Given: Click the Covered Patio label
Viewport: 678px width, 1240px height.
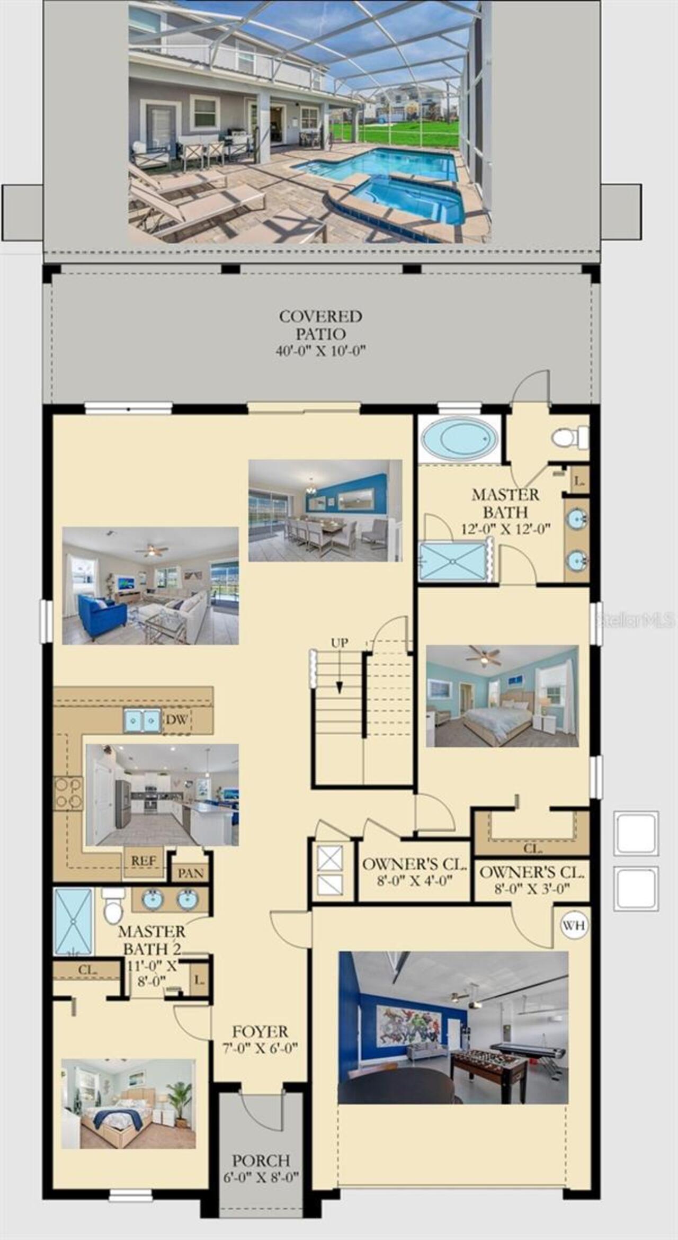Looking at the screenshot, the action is pyautogui.click(x=320, y=333).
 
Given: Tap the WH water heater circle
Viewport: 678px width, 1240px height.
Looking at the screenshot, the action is pyautogui.click(x=574, y=925).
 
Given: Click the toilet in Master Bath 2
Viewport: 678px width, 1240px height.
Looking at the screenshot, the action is pyautogui.click(x=113, y=906).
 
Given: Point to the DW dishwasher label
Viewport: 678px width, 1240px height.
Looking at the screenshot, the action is pyautogui.click(x=177, y=720).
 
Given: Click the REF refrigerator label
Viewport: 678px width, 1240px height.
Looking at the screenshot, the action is pyautogui.click(x=144, y=861).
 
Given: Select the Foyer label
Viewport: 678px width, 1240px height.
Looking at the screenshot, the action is pyautogui.click(x=260, y=1039).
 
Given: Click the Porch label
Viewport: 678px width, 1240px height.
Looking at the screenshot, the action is pyautogui.click(x=261, y=1169).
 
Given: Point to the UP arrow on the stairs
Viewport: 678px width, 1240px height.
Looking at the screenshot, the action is pyautogui.click(x=340, y=677).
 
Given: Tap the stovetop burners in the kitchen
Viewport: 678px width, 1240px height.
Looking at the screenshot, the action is pyautogui.click(x=68, y=793).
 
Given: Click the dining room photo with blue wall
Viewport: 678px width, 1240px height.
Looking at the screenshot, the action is pyautogui.click(x=325, y=510).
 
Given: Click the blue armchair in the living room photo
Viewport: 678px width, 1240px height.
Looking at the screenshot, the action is pyautogui.click(x=102, y=617).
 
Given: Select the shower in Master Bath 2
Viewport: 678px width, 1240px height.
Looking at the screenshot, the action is pyautogui.click(x=73, y=923).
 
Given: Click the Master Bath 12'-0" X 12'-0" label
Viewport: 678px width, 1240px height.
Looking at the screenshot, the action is pyautogui.click(x=505, y=512).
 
